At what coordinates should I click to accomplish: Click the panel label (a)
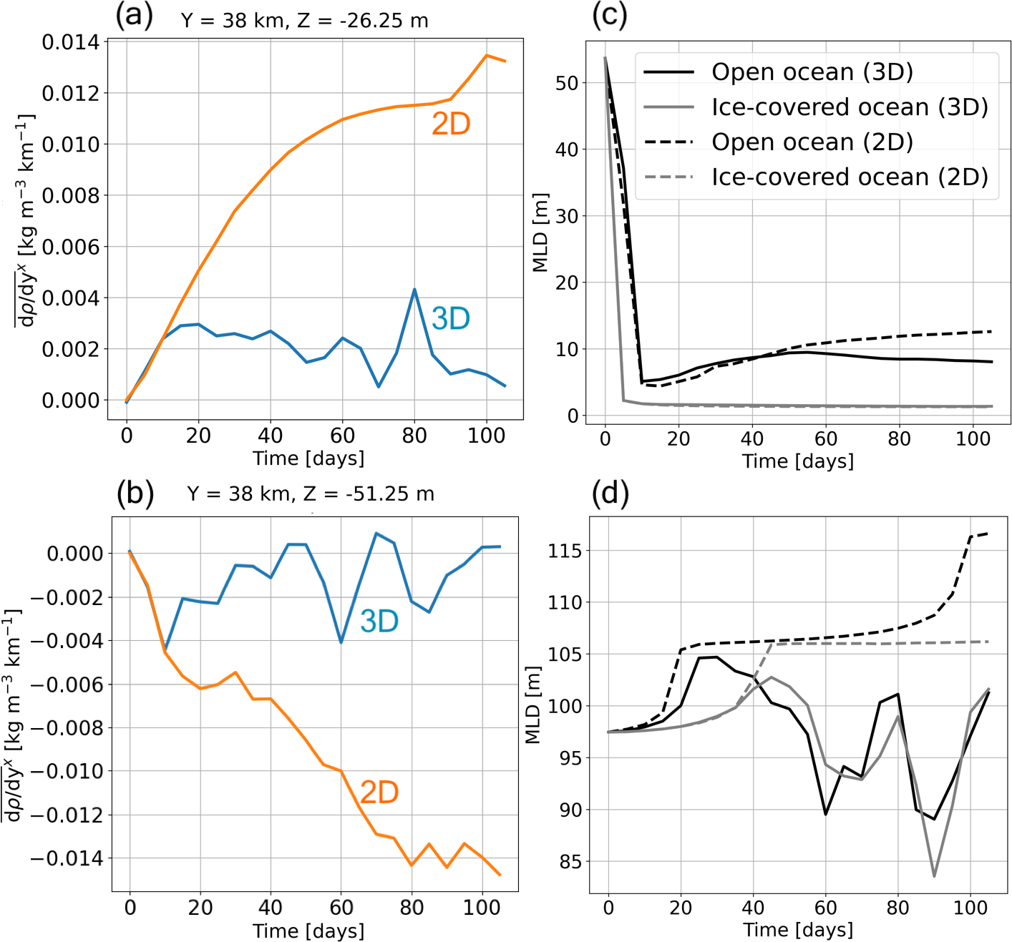click(134, 16)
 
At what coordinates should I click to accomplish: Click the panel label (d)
click(610, 493)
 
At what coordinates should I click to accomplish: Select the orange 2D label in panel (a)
click(451, 124)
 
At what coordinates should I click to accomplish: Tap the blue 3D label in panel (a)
click(451, 318)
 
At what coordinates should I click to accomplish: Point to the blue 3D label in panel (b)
click(379, 621)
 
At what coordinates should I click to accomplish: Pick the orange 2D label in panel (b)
click(379, 793)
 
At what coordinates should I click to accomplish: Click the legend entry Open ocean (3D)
click(812, 72)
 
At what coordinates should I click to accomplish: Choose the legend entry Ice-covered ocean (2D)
click(850, 177)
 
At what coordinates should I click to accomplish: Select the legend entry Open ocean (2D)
click(812, 142)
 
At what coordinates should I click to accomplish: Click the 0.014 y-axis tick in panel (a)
click(70, 42)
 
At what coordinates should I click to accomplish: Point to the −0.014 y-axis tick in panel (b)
click(66, 858)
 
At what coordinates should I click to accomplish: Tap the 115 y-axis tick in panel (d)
click(565, 551)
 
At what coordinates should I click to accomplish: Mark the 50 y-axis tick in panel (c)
click(567, 83)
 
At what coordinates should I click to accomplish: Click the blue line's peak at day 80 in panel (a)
click(414, 290)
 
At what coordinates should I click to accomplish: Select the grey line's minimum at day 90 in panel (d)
click(934, 875)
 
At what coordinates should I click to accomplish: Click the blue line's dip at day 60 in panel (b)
click(341, 642)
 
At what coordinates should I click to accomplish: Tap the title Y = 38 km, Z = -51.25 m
click(311, 494)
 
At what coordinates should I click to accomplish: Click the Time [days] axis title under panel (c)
click(797, 461)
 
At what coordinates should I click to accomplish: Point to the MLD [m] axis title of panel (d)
click(533, 705)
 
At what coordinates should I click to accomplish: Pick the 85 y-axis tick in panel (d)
click(570, 862)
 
